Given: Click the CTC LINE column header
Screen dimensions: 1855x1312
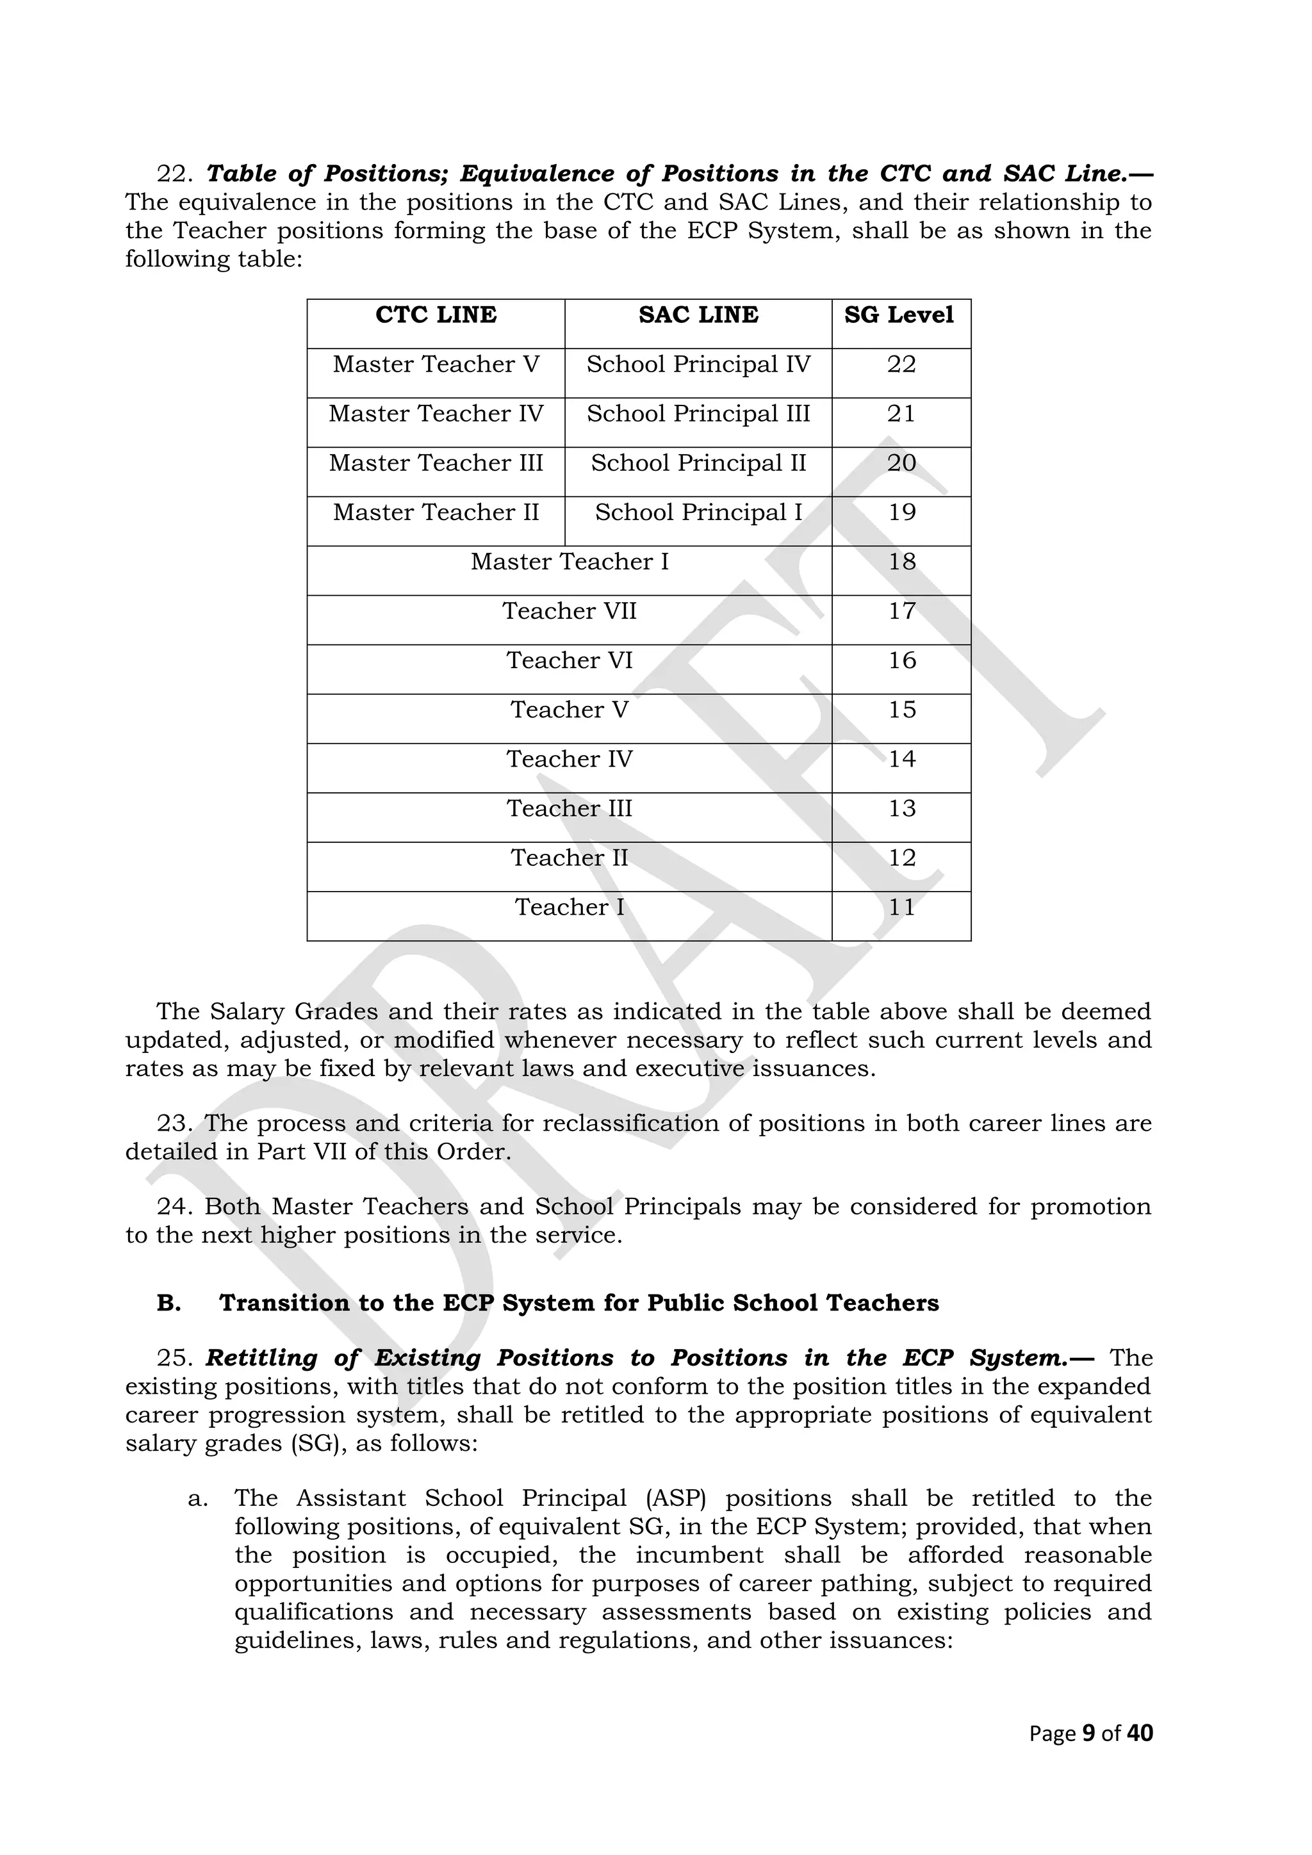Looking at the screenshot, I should click(x=436, y=315).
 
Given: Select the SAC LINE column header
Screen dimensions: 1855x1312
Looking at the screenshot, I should click(x=698, y=315).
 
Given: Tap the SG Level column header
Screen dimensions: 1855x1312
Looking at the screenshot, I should click(x=899, y=315).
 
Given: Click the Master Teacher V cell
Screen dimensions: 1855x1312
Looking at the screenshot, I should click(x=436, y=364).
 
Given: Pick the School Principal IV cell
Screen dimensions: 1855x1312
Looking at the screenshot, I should click(x=698, y=364).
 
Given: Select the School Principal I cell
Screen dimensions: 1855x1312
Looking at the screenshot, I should click(x=698, y=512).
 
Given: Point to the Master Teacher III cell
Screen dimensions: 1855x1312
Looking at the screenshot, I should click(x=436, y=463).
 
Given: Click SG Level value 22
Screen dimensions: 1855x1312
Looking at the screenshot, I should click(x=901, y=364).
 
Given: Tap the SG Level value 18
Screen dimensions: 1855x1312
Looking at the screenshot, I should click(x=901, y=562).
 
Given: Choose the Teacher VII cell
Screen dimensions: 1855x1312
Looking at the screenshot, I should click(x=570, y=611).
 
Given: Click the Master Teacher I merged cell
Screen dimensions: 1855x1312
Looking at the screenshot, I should click(x=570, y=562).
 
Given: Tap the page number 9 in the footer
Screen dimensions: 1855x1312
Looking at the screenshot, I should click(x=1088, y=1733).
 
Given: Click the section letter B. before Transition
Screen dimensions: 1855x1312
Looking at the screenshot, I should click(x=168, y=1303).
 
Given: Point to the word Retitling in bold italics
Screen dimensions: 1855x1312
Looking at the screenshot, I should click(x=262, y=1358).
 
